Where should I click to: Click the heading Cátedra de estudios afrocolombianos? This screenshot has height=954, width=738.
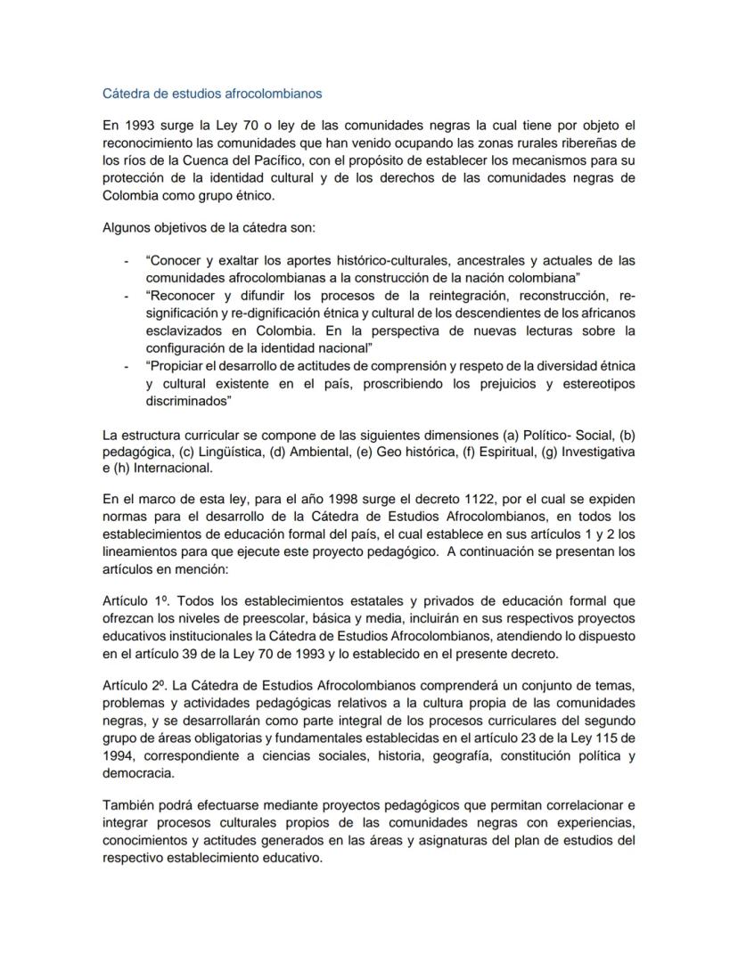point(212,93)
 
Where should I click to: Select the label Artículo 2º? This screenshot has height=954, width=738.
point(134,685)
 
